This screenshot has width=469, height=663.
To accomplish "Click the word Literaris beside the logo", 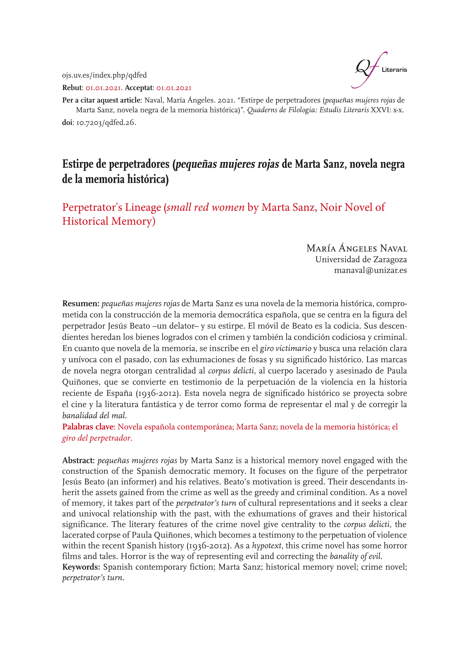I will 394,70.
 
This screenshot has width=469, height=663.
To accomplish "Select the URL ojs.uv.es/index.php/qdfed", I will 104,75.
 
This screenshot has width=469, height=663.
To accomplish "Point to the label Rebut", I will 72,87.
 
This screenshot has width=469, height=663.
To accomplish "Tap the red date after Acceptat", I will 174,87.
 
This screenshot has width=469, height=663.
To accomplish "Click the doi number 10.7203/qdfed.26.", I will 106,122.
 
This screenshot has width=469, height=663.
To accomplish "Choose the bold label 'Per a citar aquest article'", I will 101,100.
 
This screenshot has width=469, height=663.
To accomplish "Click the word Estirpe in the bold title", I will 77,164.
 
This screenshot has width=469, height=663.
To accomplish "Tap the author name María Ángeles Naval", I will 356,248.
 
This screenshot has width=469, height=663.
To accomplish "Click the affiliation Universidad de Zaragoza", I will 361,259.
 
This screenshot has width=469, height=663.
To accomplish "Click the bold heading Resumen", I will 81,304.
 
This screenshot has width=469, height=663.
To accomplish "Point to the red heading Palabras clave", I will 89,427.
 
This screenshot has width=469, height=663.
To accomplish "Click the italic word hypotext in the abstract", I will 267,546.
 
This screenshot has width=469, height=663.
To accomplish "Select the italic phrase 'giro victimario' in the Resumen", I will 285,348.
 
